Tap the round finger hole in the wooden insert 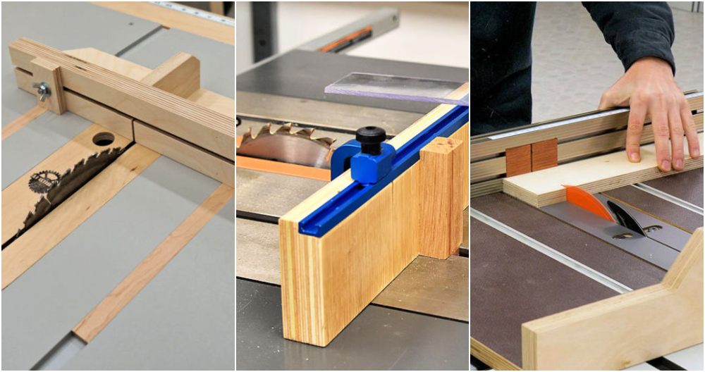103,139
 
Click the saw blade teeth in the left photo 78,183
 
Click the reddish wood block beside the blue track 440,197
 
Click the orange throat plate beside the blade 282,168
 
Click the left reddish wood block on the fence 518,161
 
